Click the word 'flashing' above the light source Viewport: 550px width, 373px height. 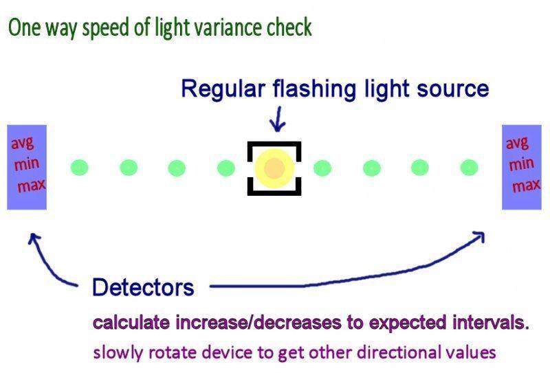(x=315, y=89)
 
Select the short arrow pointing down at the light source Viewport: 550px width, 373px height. (x=278, y=120)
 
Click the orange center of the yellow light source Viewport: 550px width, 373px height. (x=274, y=168)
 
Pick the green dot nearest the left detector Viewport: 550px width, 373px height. (x=80, y=168)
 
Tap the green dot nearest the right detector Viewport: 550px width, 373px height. (x=469, y=168)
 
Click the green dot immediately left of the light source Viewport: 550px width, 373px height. (x=226, y=168)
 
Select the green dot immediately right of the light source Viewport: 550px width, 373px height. (x=322, y=168)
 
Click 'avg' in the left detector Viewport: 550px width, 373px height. (x=23, y=143)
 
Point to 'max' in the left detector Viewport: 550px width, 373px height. (x=32, y=185)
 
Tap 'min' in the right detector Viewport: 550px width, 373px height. (x=522, y=163)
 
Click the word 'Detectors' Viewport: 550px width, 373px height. (x=143, y=287)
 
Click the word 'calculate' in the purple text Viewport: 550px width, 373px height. (x=132, y=323)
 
